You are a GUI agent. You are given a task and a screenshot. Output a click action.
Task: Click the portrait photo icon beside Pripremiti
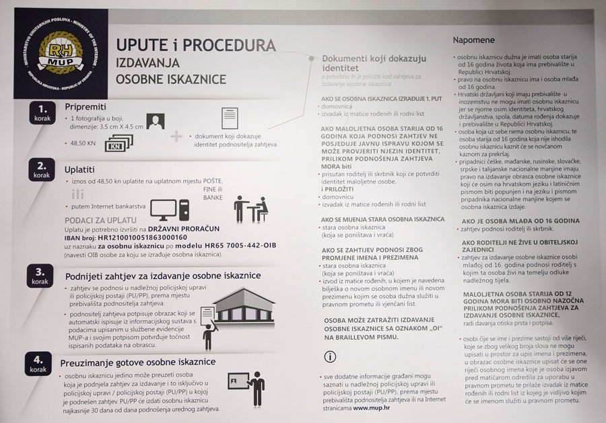tap(156, 122)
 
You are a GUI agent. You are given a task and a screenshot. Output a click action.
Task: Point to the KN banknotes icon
tap(119, 143)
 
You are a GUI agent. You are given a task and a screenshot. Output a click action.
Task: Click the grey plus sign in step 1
tap(176, 137)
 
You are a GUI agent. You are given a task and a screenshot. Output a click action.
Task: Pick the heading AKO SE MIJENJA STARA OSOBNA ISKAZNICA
tap(383, 219)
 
